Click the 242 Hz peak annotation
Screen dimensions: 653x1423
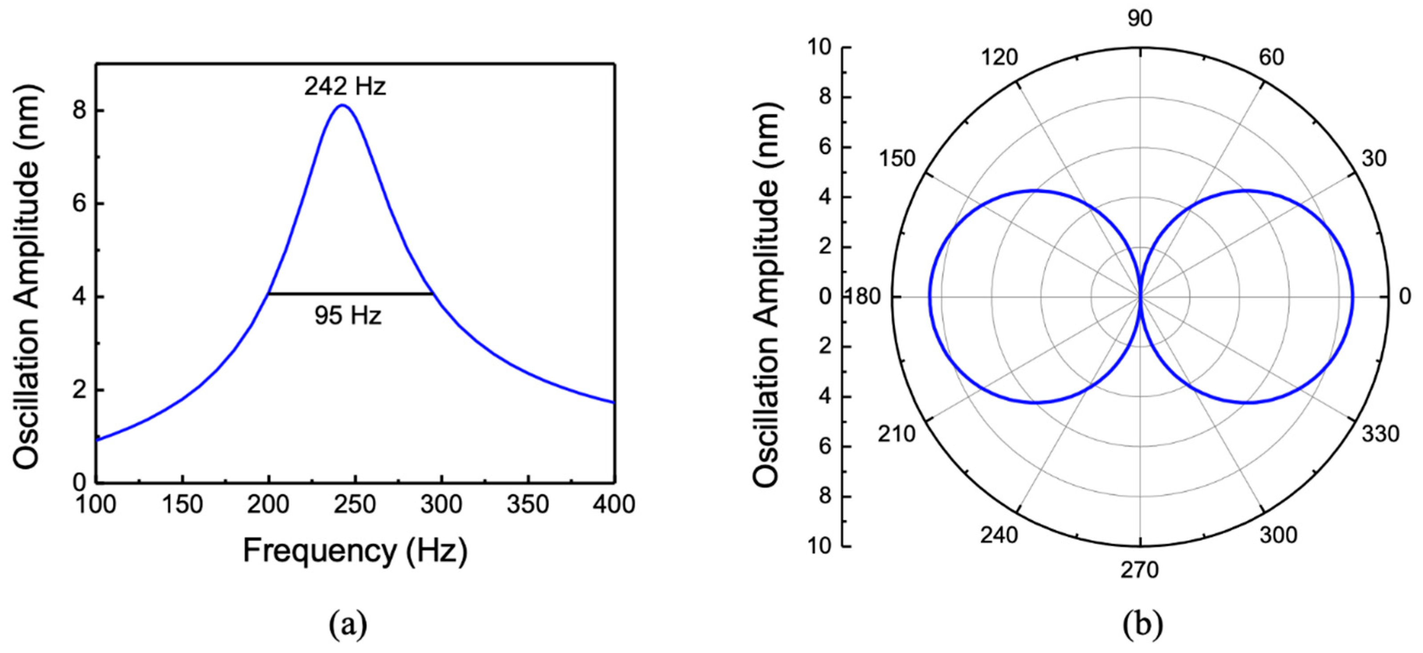click(345, 87)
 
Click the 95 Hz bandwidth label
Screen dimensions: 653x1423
click(348, 316)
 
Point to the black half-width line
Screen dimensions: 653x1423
click(351, 294)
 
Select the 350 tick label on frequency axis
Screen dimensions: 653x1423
click(528, 505)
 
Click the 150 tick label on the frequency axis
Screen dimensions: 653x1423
click(182, 505)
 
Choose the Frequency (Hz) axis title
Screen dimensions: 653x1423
click(355, 551)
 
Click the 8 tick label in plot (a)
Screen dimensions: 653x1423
click(80, 111)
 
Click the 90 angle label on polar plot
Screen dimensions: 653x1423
click(1140, 19)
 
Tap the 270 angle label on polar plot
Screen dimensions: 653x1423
click(1140, 570)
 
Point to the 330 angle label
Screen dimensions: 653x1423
click(1380, 434)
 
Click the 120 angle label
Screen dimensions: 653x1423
click(999, 57)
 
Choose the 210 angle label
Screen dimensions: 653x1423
click(897, 434)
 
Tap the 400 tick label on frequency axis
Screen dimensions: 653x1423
click(614, 505)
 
